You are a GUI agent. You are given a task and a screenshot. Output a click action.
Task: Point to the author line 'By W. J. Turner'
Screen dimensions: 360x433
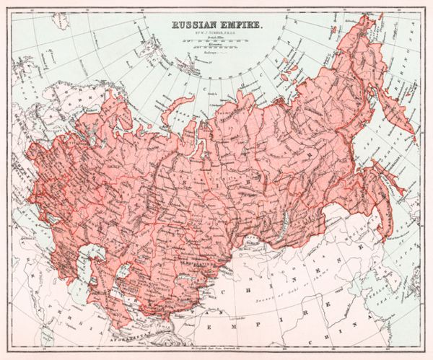click(x=216, y=33)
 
